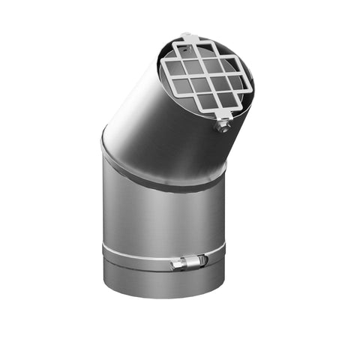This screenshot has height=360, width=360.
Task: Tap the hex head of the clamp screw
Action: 173,264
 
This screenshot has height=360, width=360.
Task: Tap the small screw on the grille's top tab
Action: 188,36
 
